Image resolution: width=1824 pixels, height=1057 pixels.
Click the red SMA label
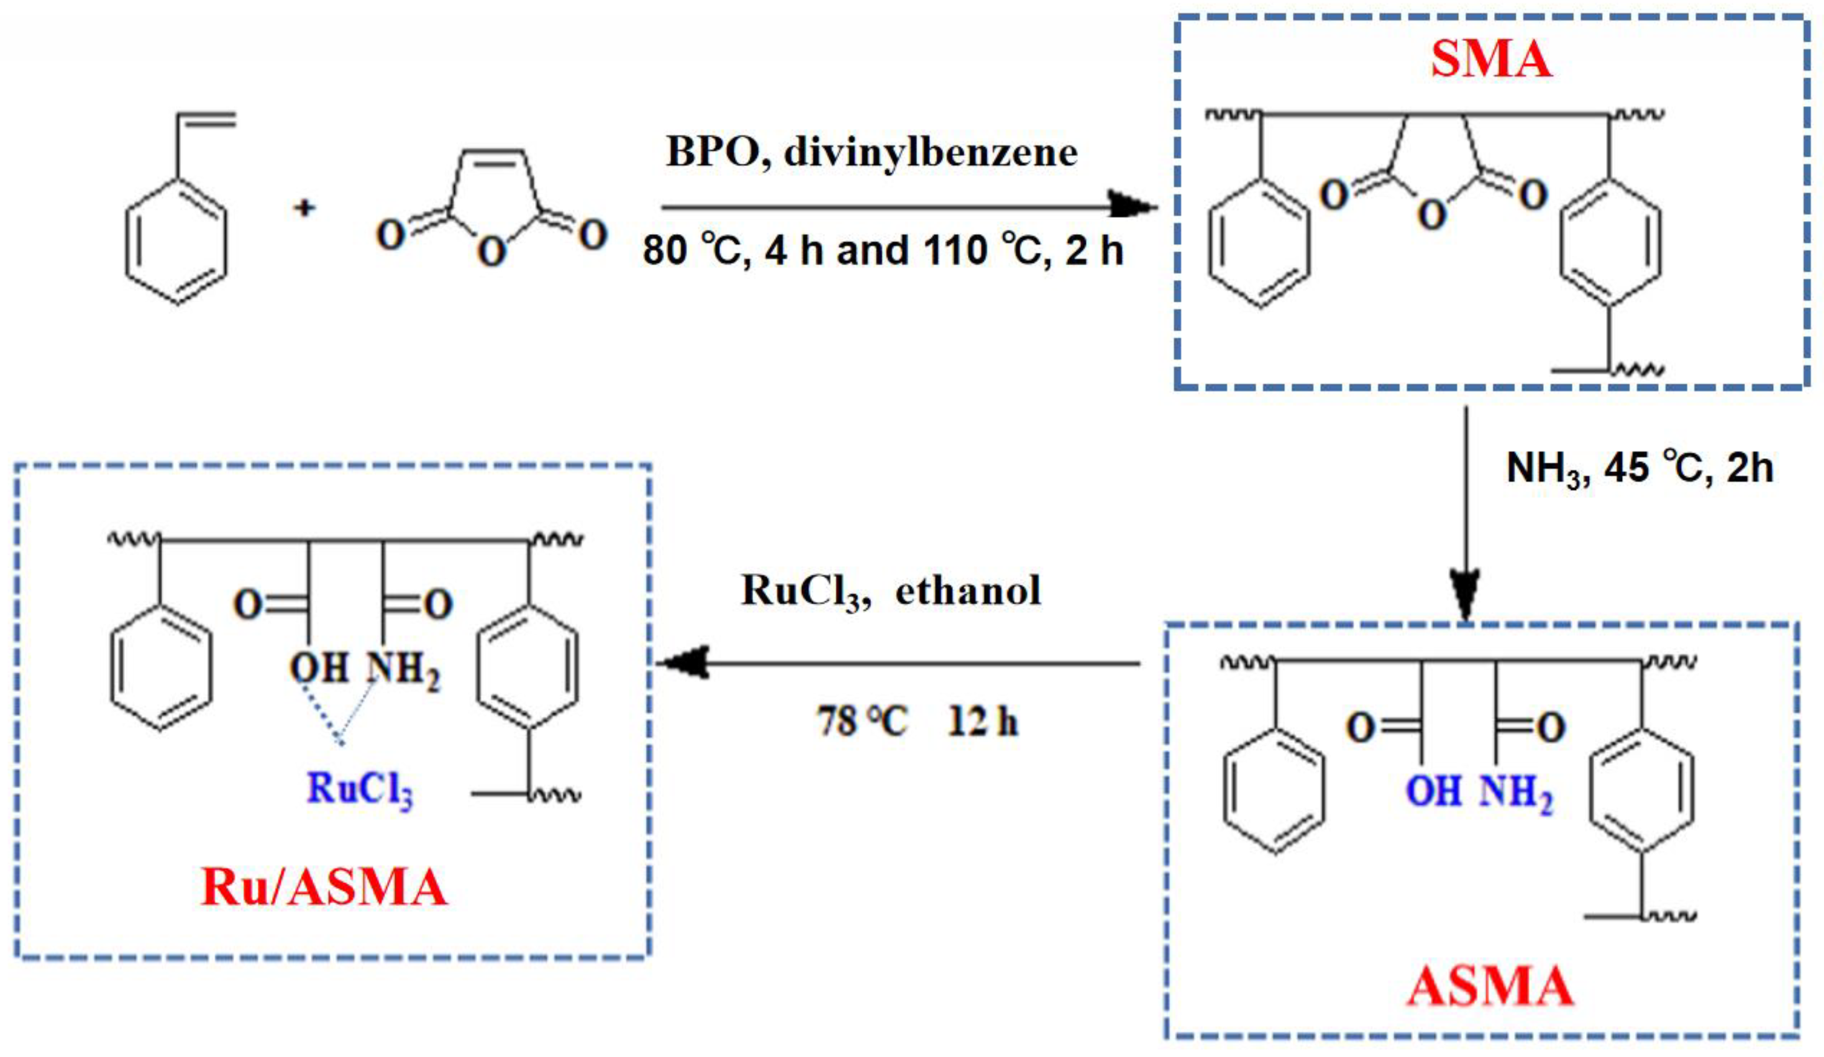(1491, 60)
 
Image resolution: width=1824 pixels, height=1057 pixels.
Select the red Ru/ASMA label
(324, 887)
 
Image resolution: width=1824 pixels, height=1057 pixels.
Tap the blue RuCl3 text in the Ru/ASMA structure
(360, 789)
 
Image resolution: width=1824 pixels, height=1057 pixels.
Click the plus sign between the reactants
(304, 209)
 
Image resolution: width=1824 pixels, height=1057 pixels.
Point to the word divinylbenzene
(931, 153)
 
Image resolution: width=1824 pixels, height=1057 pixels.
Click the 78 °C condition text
(861, 721)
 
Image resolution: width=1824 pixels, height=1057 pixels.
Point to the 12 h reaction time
(983, 721)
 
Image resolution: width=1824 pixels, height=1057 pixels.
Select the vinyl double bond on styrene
(207, 119)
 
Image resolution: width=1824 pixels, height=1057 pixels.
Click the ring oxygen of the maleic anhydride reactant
(491, 252)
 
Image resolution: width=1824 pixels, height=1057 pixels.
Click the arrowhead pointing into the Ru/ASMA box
(684, 662)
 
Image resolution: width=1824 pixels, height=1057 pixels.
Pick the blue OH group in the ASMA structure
(1433, 791)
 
